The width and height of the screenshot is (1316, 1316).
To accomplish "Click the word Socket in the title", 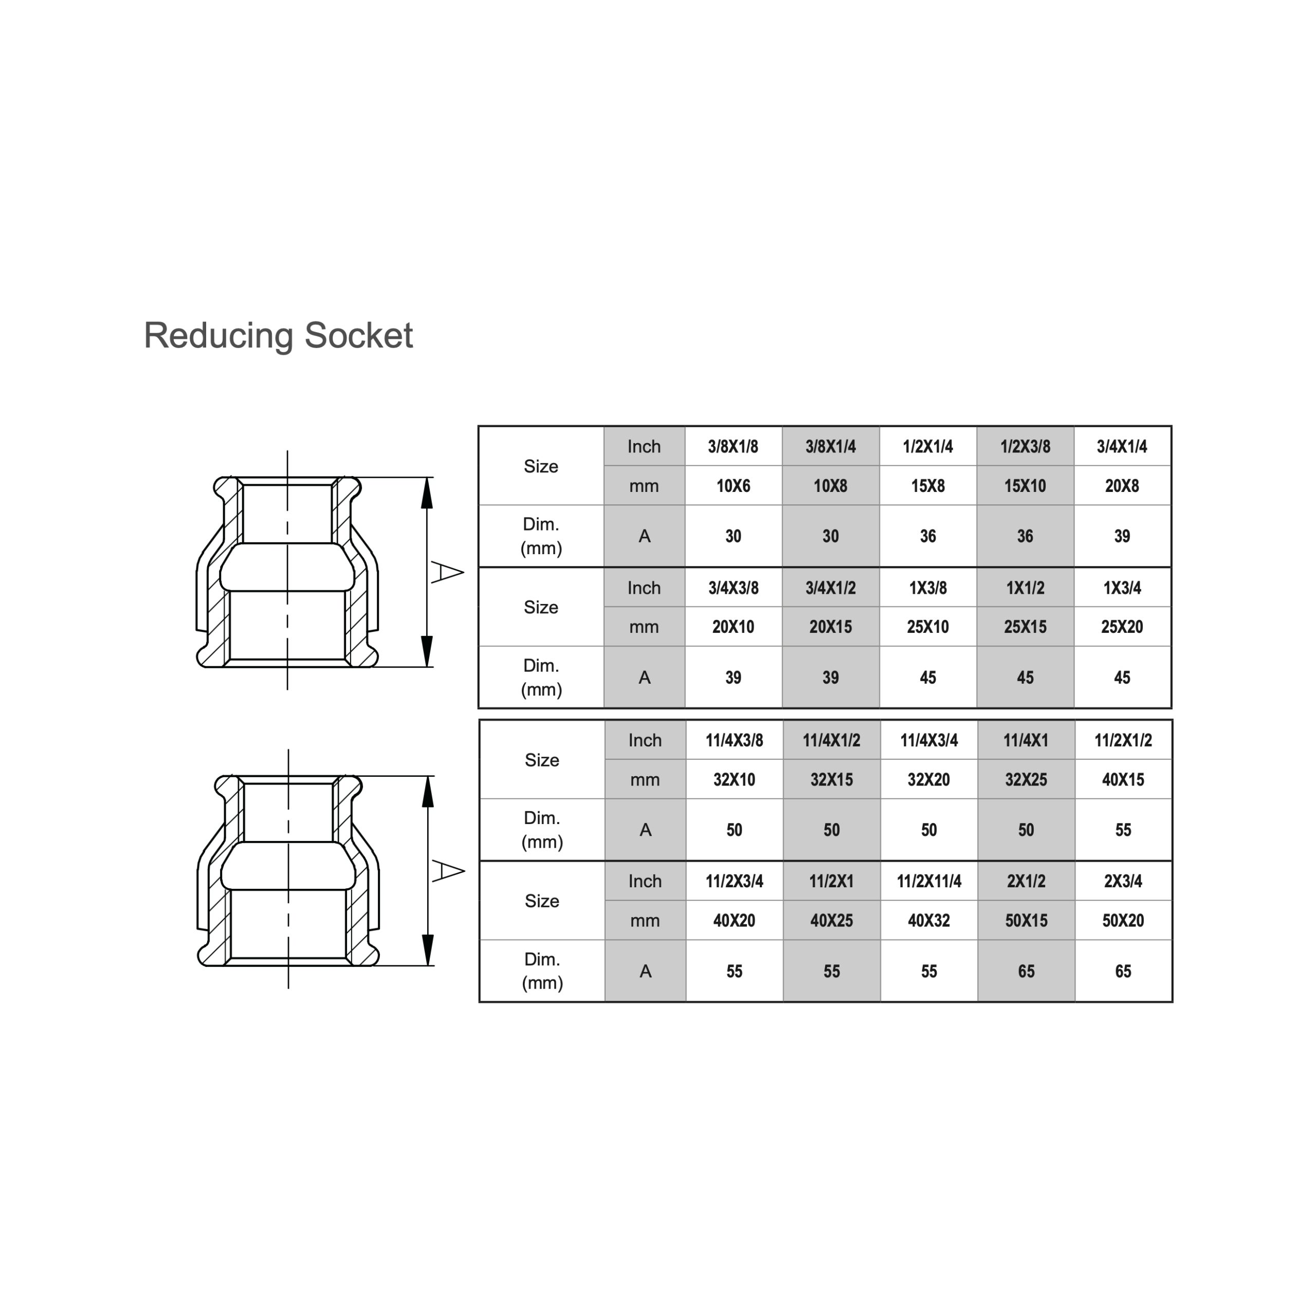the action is pos(358,335).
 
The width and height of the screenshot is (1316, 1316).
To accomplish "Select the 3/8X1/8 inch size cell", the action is pos(733,447).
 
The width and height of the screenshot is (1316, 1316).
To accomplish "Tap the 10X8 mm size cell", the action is pos(830,486).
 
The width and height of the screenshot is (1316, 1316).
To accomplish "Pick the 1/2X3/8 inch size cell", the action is pos(1025,447).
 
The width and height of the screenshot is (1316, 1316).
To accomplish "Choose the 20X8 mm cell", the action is pos(1122,486).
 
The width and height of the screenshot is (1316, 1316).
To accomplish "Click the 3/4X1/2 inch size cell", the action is pos(830,588).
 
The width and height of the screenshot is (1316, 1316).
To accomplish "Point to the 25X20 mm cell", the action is pos(1122,627).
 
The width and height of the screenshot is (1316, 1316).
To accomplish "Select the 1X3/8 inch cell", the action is pos(928,588).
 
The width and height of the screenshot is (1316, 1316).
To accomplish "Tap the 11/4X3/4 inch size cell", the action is pos(929,740).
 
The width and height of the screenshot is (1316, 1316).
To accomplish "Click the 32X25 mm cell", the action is pos(1026,780).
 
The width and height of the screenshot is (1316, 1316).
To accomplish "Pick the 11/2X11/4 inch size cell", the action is pos(929,882).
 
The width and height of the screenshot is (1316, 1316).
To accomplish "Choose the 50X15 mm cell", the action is pos(1026,921).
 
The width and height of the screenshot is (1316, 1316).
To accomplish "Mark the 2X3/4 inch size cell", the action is pos(1123,882).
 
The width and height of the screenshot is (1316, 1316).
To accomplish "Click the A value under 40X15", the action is pos(1123,830).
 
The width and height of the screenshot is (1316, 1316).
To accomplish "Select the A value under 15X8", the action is pos(928,537).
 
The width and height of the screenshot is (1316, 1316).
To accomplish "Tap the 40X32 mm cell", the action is pos(929,921).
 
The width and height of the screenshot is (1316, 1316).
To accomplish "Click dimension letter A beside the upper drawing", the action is pos(447,572).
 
